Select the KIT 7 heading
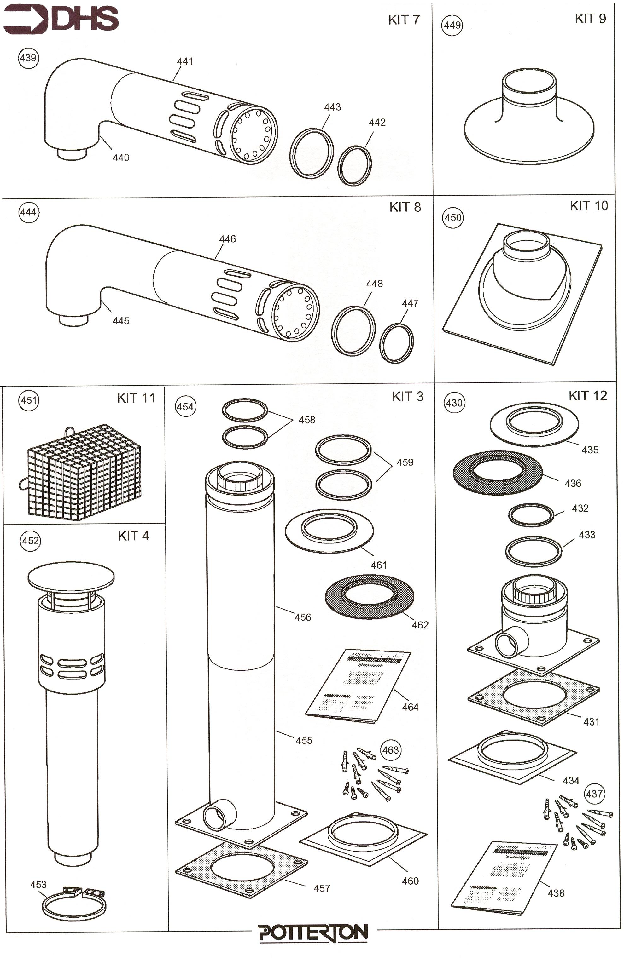point(404,20)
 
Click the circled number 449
point(452,25)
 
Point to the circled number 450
point(453,218)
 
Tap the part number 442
point(377,122)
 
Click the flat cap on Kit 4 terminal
point(71,577)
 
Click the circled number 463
point(390,750)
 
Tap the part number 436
point(572,483)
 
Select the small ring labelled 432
point(531,514)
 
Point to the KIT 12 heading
point(587,396)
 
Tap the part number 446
point(227,239)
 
